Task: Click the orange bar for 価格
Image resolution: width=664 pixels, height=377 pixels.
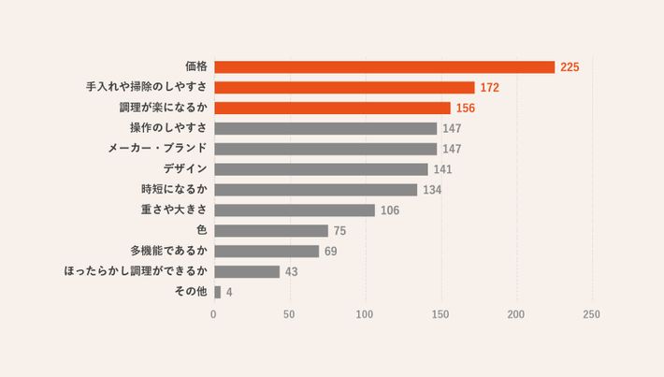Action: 384,67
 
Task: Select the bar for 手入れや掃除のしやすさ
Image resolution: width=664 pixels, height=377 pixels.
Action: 344,87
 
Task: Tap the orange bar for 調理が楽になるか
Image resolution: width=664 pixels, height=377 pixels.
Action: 332,108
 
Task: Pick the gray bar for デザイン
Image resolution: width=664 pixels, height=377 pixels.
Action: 321,169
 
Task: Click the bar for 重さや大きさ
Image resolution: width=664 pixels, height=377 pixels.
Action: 295,210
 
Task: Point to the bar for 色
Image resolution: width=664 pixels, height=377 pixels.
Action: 271,230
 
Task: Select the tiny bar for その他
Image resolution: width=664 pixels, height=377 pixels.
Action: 218,292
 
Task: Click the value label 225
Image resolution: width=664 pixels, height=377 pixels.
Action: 570,67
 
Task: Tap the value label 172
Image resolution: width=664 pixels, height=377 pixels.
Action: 489,88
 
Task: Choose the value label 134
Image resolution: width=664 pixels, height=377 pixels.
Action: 431,190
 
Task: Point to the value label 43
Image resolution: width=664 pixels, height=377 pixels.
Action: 291,272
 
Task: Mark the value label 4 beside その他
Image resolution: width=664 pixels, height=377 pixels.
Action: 229,293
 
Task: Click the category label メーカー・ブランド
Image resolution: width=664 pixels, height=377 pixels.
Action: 157,149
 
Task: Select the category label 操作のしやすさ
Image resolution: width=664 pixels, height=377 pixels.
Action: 168,128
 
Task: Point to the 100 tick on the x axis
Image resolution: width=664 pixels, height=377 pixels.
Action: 365,315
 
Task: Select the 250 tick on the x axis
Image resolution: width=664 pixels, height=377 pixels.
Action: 591,315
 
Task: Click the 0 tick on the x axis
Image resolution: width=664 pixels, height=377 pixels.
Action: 214,315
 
